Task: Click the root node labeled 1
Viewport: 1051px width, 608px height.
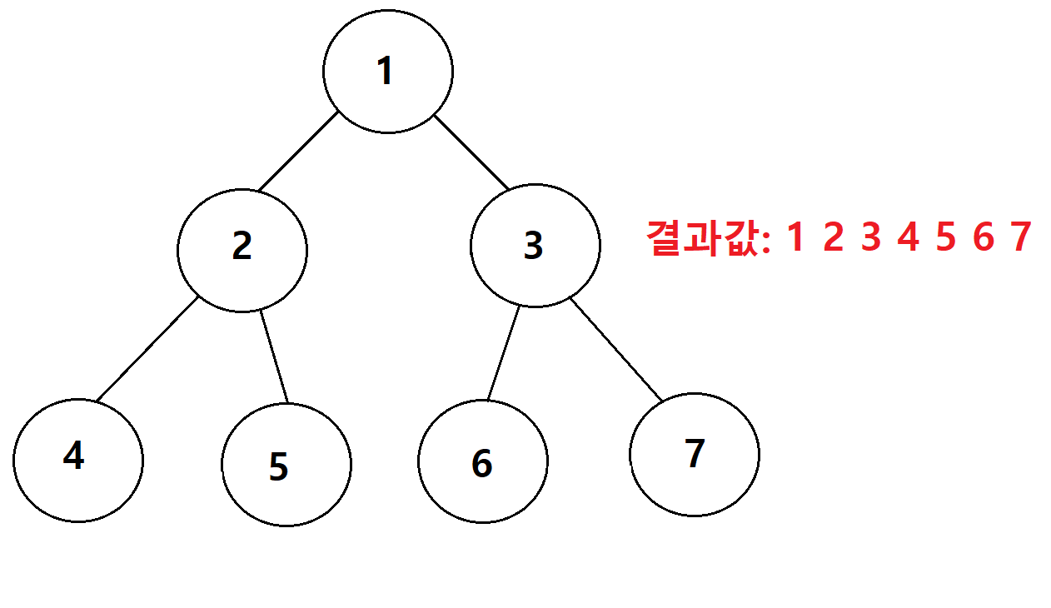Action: point(388,72)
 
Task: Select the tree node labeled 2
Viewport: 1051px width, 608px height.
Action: point(242,250)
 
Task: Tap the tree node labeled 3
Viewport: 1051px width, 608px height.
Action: point(535,246)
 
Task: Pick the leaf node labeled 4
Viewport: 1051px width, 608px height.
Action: point(78,461)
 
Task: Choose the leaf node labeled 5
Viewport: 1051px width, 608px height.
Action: point(286,465)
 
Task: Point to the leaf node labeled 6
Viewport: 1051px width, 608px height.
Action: point(483,461)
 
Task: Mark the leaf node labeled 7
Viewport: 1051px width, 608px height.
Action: point(695,455)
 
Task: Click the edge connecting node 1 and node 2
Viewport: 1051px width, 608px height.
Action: point(298,151)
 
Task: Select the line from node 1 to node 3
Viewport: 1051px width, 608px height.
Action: point(471,152)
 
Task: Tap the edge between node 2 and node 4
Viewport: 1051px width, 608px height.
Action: point(147,349)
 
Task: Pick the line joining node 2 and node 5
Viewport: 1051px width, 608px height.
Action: point(274,356)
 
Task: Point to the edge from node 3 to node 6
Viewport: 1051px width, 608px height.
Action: point(504,353)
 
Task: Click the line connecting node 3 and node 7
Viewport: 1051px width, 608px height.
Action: point(616,350)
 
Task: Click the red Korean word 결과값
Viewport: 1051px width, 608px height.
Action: point(702,238)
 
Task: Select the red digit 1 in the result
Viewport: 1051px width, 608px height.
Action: point(795,237)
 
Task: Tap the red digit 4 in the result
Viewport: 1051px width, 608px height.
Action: point(908,237)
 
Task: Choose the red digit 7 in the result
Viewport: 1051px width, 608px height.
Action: point(1021,237)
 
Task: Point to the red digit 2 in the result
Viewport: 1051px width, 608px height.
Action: point(834,237)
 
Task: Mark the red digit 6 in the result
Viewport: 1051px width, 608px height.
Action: point(984,237)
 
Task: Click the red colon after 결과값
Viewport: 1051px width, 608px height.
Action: point(766,242)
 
